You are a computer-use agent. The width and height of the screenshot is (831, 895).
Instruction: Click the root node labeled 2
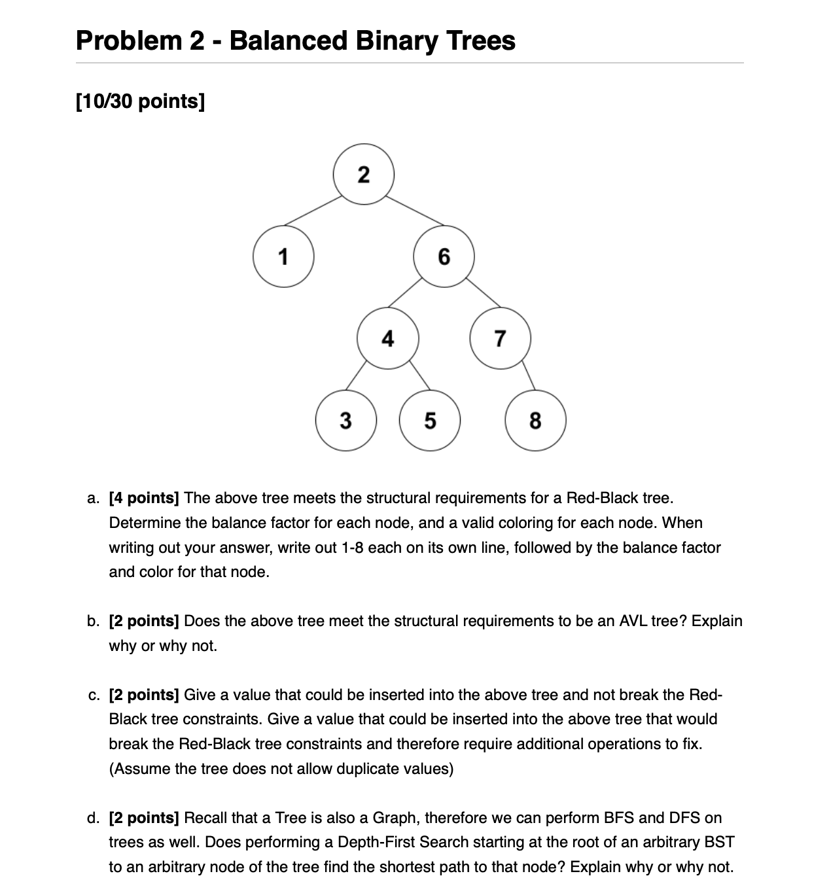click(x=364, y=175)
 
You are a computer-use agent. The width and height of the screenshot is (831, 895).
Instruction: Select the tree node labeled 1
click(x=283, y=256)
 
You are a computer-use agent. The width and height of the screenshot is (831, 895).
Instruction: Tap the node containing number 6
click(x=444, y=256)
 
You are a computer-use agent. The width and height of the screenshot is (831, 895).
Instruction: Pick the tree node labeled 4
click(x=388, y=338)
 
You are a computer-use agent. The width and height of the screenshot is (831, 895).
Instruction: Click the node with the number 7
click(x=500, y=338)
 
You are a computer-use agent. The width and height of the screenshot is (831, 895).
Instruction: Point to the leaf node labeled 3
click(x=345, y=420)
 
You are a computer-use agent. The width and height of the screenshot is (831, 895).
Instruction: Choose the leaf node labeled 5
click(x=430, y=420)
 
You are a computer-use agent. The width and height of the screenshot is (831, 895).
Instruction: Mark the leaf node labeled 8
click(x=535, y=420)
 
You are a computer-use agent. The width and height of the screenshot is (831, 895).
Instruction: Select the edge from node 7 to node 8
click(x=528, y=376)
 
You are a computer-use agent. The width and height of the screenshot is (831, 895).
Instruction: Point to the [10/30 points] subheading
click(x=140, y=102)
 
